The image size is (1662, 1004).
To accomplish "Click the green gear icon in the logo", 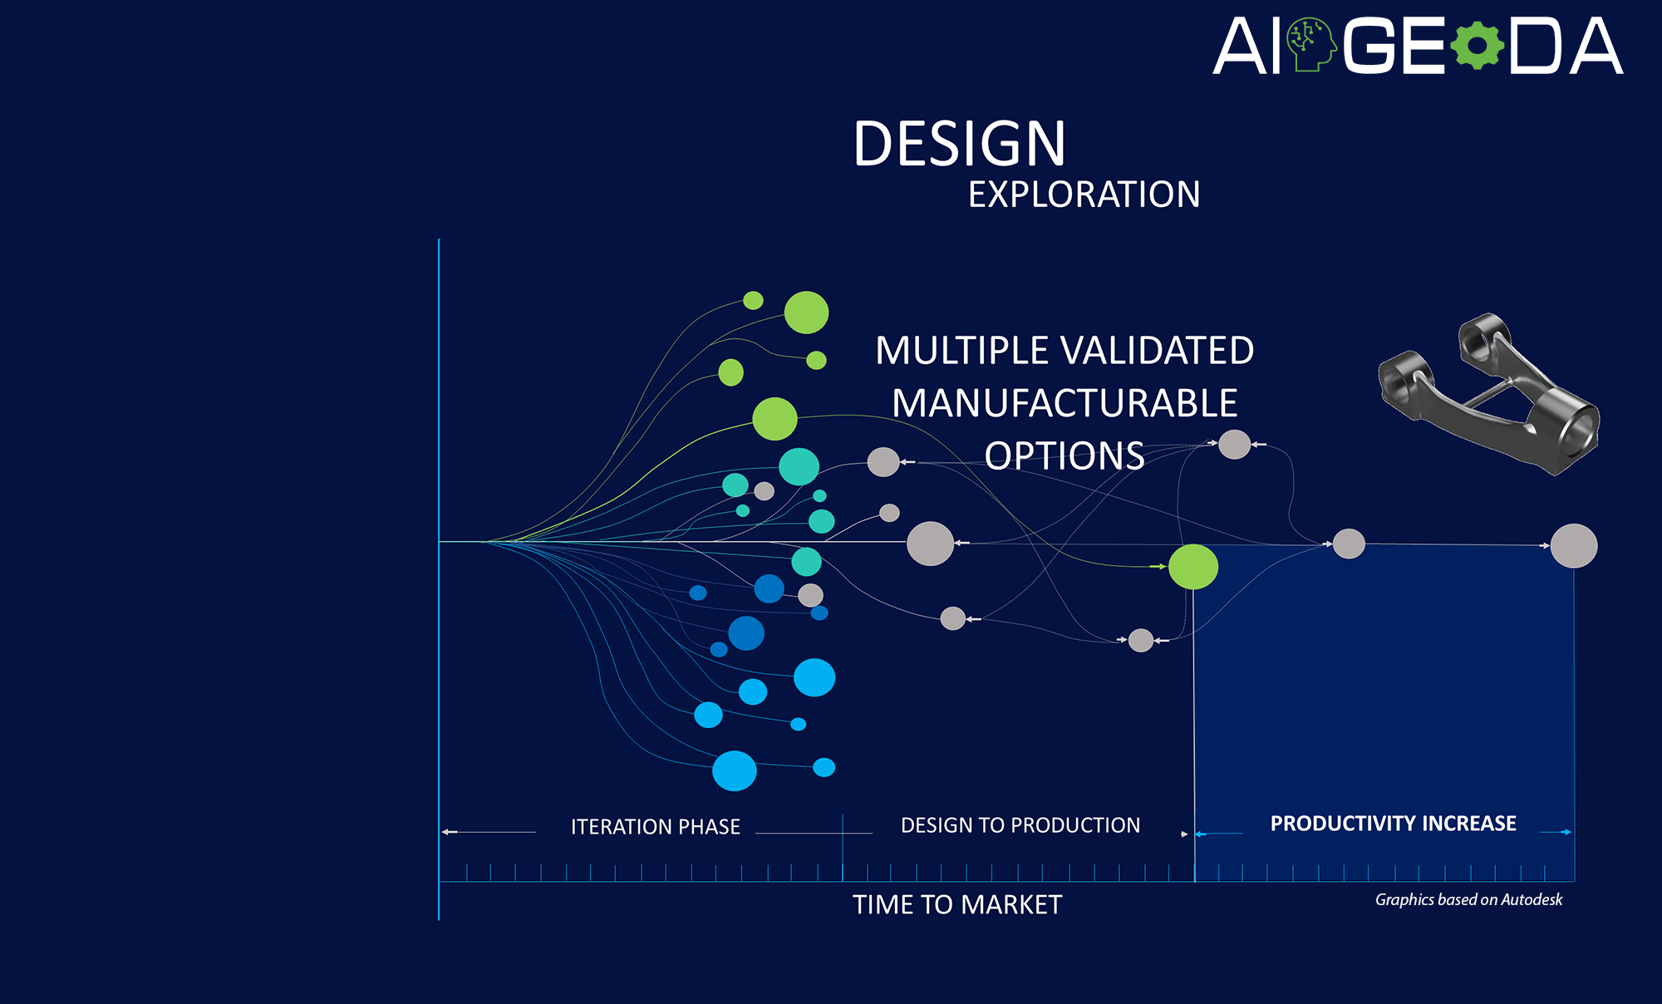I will click(1477, 46).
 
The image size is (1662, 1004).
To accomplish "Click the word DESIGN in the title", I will click(959, 144).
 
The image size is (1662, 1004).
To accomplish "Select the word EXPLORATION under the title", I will click(1084, 195).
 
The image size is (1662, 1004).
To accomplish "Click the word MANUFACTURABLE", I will click(1065, 403).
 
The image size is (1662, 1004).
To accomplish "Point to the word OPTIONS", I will click(1065, 456).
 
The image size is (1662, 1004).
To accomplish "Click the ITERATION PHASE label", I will click(655, 827).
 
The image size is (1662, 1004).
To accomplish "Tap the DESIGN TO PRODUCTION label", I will click(1020, 825).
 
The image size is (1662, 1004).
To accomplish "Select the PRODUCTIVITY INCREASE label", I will click(1393, 824).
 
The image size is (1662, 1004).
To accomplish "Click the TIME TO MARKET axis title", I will click(957, 905).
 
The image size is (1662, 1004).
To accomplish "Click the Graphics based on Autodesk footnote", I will click(1468, 899).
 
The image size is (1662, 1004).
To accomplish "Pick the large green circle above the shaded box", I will click(1193, 567).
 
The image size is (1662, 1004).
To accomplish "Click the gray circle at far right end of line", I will click(1573, 546).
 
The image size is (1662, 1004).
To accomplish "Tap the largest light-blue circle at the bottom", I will click(735, 770).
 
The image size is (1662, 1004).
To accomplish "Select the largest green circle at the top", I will click(806, 313).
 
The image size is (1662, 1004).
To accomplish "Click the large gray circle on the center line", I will click(930, 544).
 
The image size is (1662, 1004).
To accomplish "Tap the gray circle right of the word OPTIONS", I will click(1234, 445).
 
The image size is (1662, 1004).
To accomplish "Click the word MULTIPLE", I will click(947, 351).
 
